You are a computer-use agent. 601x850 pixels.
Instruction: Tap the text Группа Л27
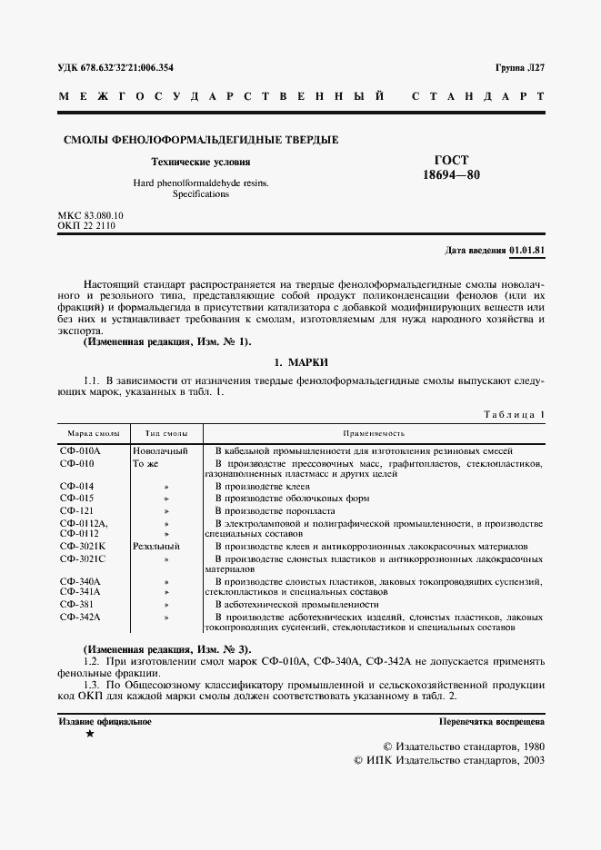click(x=519, y=68)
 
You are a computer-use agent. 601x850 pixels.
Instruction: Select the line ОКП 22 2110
click(x=86, y=224)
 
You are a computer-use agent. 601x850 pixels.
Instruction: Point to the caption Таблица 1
click(x=513, y=414)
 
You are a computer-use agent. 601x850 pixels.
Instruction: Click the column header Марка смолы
click(x=89, y=434)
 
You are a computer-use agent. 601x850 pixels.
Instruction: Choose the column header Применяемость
click(x=374, y=434)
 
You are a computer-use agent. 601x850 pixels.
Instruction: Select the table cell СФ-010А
click(x=80, y=450)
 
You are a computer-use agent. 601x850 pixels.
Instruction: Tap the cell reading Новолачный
click(x=160, y=450)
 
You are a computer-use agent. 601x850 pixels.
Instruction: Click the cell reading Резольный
click(x=156, y=547)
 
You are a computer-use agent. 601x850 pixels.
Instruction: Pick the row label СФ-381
click(x=76, y=604)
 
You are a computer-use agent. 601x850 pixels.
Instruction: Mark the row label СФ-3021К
click(x=83, y=547)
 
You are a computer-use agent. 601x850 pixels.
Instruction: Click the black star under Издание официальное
click(x=89, y=734)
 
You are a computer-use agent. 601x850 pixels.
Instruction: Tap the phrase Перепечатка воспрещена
click(x=491, y=722)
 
